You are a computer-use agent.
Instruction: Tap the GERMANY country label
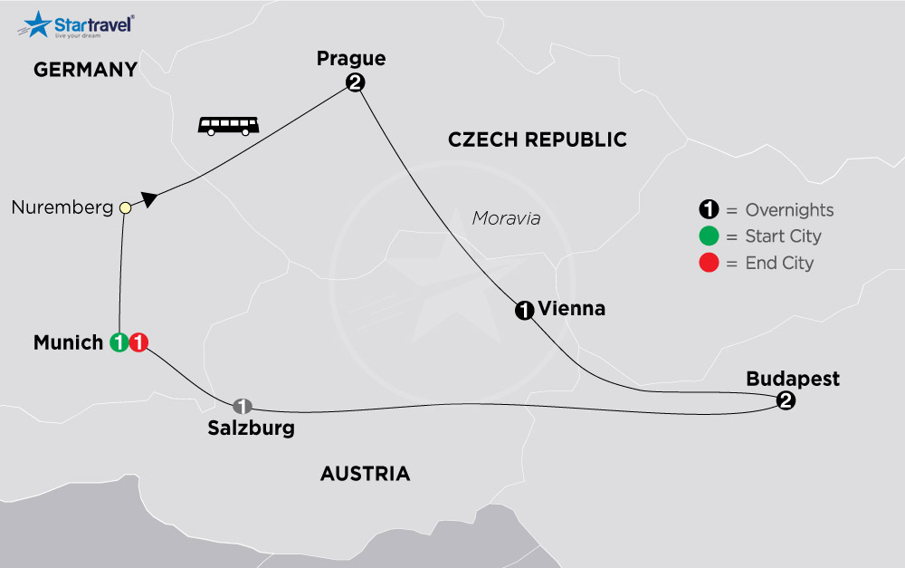tap(85, 70)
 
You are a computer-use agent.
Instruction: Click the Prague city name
tap(351, 59)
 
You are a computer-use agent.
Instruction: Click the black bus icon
tap(228, 125)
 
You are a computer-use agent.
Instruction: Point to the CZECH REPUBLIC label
tap(538, 140)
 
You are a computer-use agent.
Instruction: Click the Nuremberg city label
tap(62, 208)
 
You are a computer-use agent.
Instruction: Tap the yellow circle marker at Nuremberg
tap(126, 208)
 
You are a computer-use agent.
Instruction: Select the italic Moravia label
tap(506, 218)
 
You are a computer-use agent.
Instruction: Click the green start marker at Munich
tap(118, 342)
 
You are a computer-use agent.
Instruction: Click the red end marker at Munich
tap(138, 342)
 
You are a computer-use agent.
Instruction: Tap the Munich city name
tap(68, 342)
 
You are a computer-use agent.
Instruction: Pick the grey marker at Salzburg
tap(242, 405)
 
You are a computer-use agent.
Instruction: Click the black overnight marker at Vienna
tap(523, 311)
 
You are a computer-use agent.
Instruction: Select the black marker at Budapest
tap(786, 402)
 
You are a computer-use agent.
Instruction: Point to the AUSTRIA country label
tap(365, 474)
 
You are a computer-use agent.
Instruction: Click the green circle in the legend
tap(707, 236)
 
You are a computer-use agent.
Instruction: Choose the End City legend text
tap(779, 264)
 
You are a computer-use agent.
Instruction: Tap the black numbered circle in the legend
tap(707, 210)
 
